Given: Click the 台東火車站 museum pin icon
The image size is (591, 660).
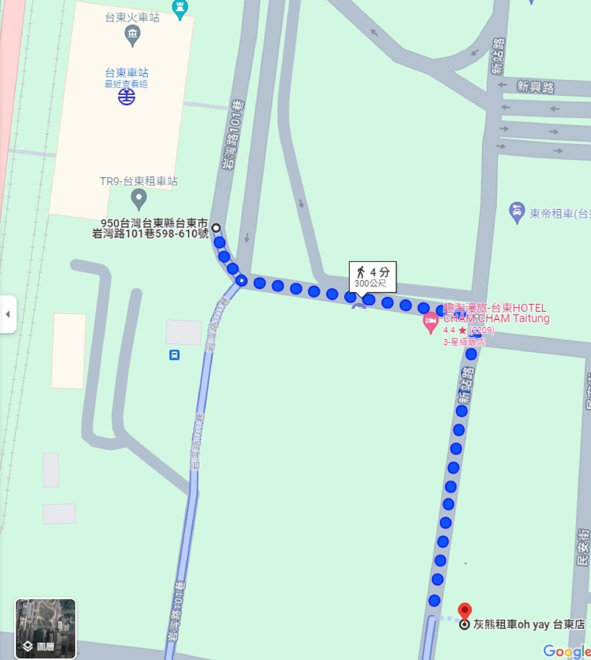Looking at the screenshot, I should [x=132, y=35].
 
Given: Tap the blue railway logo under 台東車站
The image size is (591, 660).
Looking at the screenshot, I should [x=127, y=96].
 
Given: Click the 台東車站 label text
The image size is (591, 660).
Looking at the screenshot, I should [x=127, y=73].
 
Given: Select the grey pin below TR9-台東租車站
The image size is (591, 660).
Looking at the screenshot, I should [x=139, y=199].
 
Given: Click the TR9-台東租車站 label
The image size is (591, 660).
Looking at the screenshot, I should [x=138, y=181].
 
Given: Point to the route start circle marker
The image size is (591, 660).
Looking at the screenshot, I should [x=216, y=228].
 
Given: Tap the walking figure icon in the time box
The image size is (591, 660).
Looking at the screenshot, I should [x=361, y=271].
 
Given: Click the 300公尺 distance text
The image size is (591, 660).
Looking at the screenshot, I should [x=370, y=284].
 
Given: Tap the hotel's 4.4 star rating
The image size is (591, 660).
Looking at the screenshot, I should [x=454, y=330].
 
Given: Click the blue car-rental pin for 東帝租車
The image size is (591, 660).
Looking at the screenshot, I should [x=516, y=212].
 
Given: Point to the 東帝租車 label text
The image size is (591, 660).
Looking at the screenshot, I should [x=559, y=214].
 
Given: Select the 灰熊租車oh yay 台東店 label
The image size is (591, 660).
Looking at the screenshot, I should [x=529, y=625].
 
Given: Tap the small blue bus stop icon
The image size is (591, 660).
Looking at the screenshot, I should [x=174, y=355].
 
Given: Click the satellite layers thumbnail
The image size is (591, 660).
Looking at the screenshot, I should [x=45, y=628].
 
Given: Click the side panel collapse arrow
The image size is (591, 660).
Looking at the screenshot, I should [x=8, y=314].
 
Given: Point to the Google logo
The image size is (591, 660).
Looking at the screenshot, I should [x=566, y=651].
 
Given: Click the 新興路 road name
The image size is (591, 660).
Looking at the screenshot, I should [x=535, y=87].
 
